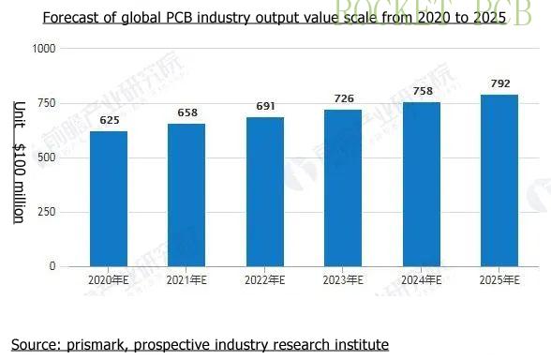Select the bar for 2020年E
pos(109,199)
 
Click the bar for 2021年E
pos(186,195)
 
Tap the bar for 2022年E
pos(265,191)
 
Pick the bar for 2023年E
pos(343,187)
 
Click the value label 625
pos(109,121)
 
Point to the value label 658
pos(186,113)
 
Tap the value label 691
pos(265,106)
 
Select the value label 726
pos(343,98)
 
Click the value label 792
pos(499,84)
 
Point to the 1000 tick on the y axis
pos(43,49)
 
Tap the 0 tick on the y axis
pos(52,266)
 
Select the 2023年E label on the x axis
pos(343,281)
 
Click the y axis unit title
pos(18,161)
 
